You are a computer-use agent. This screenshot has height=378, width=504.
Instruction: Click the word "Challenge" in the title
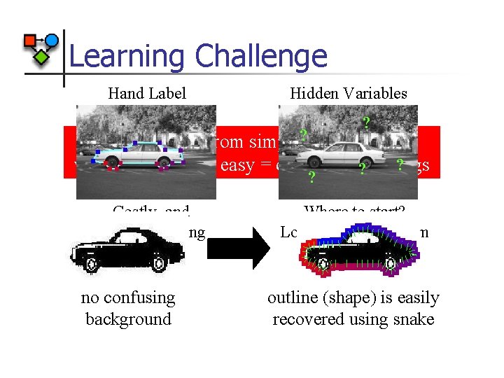point(262,56)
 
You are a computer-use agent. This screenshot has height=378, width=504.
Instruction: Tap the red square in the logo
point(30,41)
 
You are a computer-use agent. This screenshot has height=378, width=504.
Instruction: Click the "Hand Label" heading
point(147,93)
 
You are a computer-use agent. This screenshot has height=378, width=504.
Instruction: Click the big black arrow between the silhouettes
point(238,248)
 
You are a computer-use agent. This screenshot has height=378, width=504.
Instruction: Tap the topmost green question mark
point(366,123)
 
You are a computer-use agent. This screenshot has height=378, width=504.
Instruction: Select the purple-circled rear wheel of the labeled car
point(164,165)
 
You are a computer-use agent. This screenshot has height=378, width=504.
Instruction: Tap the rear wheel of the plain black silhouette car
point(159,264)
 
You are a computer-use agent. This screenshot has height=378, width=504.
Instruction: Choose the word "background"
point(128,319)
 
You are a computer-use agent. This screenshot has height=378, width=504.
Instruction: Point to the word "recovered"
point(307,319)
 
